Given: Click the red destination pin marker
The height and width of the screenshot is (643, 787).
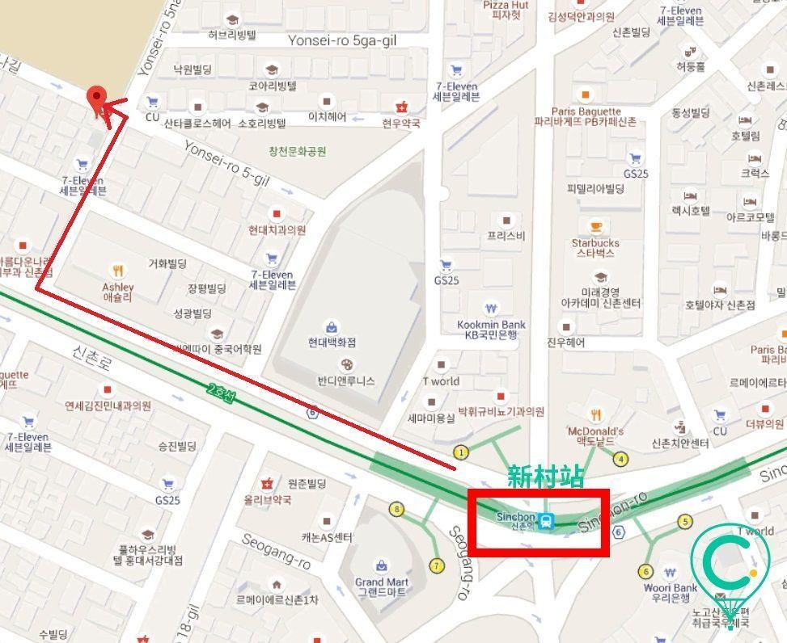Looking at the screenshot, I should coord(97,101).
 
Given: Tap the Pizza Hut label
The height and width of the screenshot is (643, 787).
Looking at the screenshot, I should coord(506,10).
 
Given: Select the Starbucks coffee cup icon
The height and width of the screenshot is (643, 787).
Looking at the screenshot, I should coord(596,226).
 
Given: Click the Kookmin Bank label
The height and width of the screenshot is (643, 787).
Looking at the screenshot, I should coord(491,330).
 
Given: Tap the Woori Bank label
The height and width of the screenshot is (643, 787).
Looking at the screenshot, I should coord(671,593).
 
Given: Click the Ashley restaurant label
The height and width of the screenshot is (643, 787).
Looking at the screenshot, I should coord(118,292).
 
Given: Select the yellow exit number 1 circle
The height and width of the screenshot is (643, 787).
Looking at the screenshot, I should coord(461,452).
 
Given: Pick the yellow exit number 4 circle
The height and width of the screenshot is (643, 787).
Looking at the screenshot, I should coord(620,460).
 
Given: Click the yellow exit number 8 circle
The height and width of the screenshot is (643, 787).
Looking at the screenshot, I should coord(396,509).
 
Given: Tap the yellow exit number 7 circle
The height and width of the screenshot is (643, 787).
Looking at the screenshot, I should coord(437,565).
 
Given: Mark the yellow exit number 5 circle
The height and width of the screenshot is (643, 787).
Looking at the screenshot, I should coord(685,521).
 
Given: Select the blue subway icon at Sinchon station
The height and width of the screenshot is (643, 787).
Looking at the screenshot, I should coord(548,520).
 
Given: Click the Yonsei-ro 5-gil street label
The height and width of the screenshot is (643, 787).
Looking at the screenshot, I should coord(226,163).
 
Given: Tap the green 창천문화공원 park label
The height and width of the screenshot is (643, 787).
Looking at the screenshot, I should coord(298,151).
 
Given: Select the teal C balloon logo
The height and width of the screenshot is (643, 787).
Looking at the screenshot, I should coord(730,565).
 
